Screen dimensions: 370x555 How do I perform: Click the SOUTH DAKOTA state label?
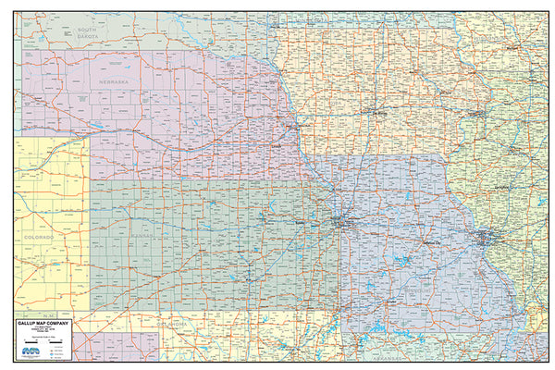tap(88, 34)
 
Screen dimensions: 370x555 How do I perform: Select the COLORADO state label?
tap(38, 238)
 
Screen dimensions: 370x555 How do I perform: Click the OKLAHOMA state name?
tap(172, 326)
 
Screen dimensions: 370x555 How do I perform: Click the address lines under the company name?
tap(46, 331)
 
